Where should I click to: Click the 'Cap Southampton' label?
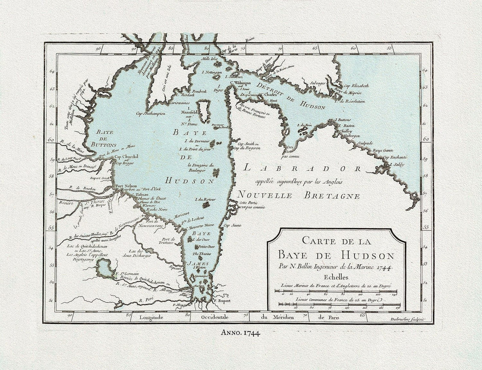[x=150, y=114]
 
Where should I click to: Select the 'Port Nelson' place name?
[x=124, y=187]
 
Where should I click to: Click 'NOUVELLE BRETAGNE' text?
[x=299, y=196]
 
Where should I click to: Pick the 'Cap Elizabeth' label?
[x=356, y=85]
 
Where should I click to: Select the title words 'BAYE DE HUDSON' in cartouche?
[x=336, y=256]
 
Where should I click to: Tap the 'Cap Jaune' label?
[x=232, y=225]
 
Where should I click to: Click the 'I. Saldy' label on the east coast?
[x=397, y=165]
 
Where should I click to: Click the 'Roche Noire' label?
[x=149, y=210]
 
